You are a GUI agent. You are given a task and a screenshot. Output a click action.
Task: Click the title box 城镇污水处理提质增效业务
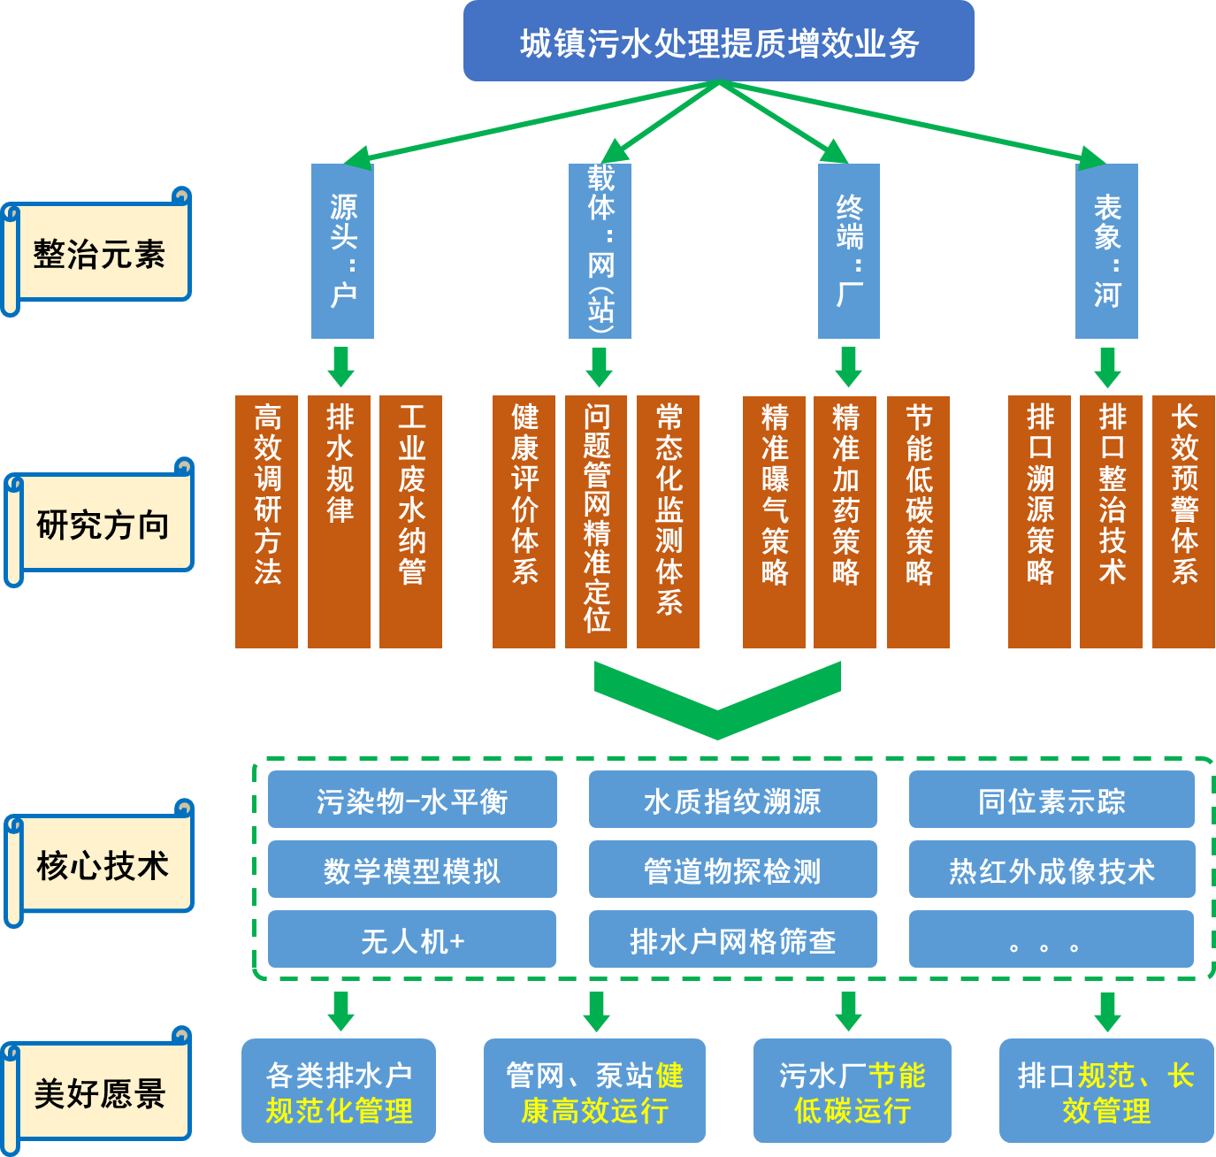718,42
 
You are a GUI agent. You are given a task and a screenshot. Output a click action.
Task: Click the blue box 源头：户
342,251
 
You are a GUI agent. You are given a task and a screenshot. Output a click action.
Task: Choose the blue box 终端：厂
848,251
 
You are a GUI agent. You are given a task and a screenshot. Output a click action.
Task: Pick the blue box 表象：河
1106,251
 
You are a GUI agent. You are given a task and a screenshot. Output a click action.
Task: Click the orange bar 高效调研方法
266,522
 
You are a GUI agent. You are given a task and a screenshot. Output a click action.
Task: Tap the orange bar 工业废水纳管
410,522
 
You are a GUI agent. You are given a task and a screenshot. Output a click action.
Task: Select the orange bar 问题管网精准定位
596,522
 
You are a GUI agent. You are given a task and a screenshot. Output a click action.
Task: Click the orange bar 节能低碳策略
918,522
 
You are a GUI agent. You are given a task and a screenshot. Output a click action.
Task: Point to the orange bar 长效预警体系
1183,522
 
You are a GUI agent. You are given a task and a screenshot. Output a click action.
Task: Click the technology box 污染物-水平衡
412,800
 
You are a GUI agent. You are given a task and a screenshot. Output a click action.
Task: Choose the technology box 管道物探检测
732,870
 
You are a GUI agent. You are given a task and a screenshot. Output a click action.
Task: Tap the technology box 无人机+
412,939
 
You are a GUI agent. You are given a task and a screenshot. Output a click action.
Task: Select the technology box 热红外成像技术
1052,870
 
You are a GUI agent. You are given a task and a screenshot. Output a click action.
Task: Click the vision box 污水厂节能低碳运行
852,1091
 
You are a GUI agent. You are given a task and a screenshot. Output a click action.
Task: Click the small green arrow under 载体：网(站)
599,366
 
